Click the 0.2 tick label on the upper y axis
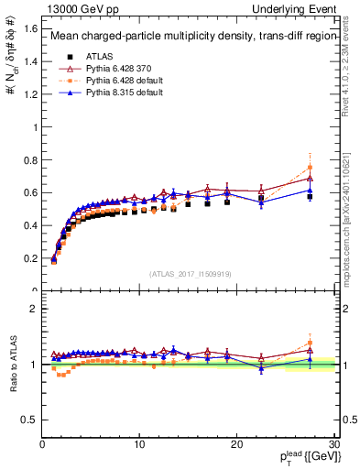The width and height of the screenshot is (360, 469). pos(30,258)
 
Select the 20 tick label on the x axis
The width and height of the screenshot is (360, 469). pos(236,444)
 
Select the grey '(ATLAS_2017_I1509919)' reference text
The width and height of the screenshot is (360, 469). pos(190,273)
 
